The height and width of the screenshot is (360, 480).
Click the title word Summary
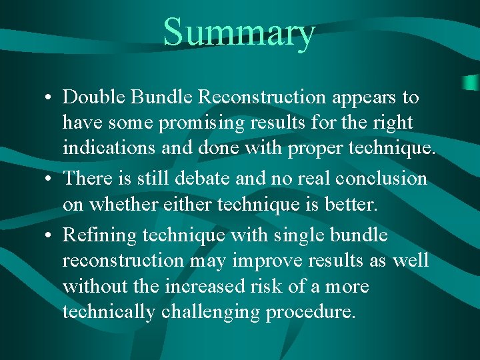tap(239, 33)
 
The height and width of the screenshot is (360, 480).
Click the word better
tap(351, 205)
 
